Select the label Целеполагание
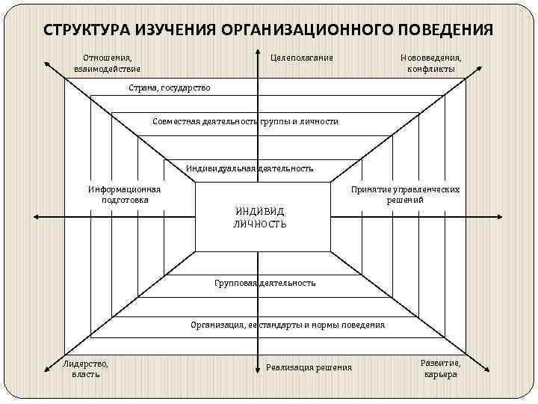coord(301,58)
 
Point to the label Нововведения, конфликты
coord(431,63)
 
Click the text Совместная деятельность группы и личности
coord(245,121)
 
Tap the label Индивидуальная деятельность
coord(250,168)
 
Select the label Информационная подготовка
coord(125,195)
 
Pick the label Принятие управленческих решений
coord(405,195)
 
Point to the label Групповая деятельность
coord(265,283)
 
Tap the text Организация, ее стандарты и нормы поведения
coord(288,325)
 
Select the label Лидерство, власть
coord(85,368)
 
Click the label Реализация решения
coord(309,367)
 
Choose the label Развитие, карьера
coord(440,368)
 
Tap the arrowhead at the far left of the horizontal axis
coord(36,217)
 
